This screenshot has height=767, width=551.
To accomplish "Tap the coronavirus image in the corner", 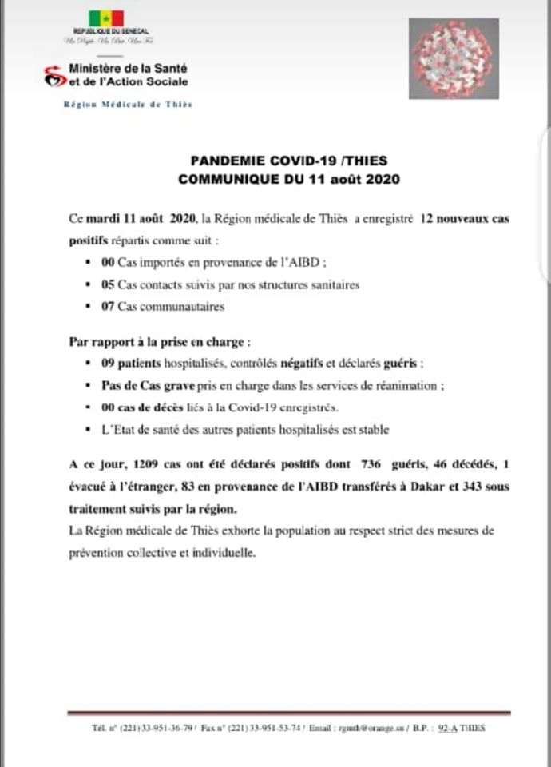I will [454, 58].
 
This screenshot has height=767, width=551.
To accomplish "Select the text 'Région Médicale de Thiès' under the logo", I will [128, 105].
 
